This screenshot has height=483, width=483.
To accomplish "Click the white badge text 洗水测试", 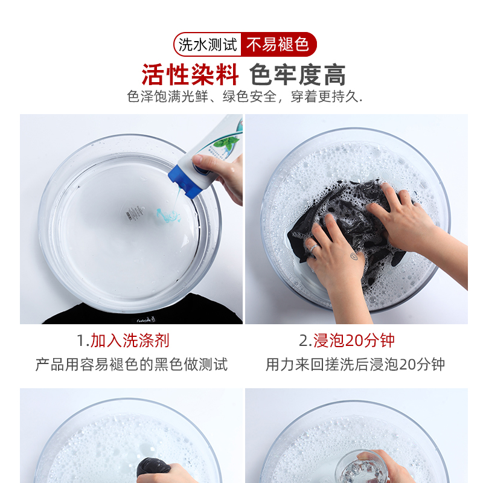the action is coord(208,45).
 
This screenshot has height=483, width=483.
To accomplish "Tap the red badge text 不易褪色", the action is coord(277,44).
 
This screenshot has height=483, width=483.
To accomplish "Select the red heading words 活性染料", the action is coord(190,74).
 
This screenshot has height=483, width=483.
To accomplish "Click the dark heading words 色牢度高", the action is coord(298,74).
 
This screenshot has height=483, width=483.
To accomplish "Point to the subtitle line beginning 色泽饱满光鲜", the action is coord(245,97).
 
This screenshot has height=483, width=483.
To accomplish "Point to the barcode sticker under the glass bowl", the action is coord(131,214).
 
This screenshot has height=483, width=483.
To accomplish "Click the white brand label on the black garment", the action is coord(146,320).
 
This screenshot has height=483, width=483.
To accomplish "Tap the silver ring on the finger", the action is coord(314,247).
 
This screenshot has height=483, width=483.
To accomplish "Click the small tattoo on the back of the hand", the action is coord(354,255).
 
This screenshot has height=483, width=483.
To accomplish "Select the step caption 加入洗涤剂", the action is coord(130,341).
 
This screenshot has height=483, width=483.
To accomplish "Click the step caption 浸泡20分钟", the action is coord(354,341).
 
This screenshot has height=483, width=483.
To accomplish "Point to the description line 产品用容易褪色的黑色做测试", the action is coord(132,365).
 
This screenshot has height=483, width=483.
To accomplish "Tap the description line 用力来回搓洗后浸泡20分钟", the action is coord(355,365).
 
